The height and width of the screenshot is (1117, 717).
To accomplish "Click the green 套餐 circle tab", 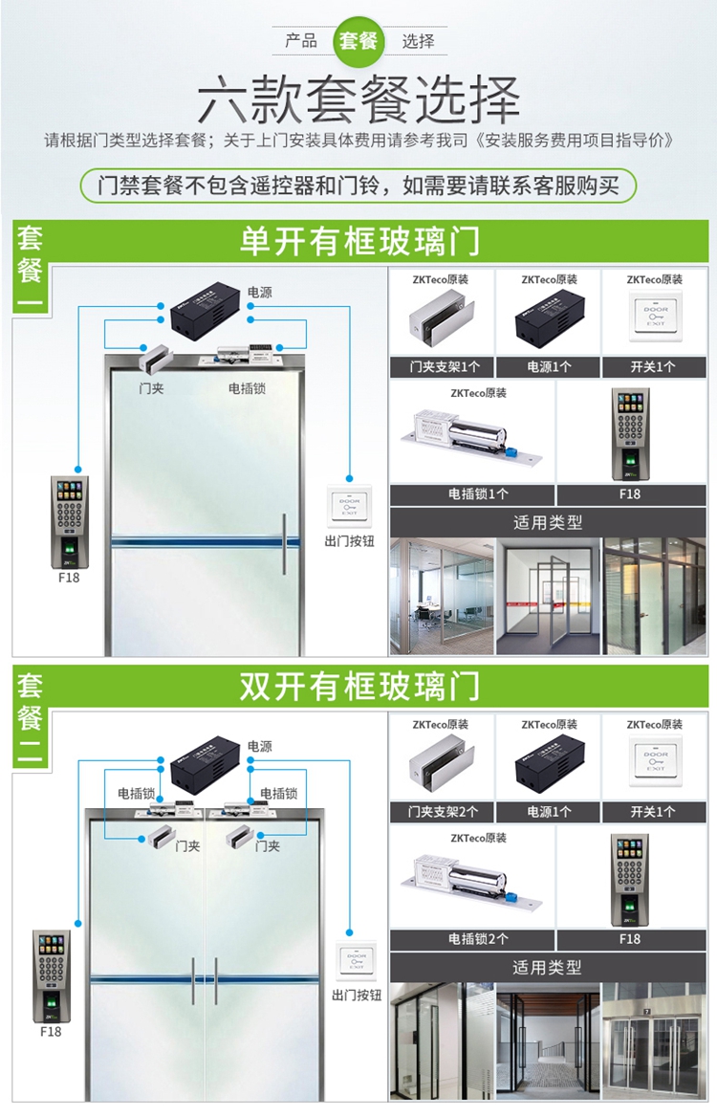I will point(358,41).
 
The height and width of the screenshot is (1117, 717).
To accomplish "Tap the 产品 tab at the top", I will point(301,41).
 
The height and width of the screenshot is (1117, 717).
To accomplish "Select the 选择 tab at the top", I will point(418,41).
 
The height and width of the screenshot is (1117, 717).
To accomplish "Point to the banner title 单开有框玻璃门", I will point(359,242).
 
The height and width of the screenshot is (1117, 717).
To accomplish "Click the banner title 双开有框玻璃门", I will point(359,687).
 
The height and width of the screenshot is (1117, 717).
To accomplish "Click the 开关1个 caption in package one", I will point(654,367).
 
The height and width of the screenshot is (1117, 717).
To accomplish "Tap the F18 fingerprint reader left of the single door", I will point(69,520).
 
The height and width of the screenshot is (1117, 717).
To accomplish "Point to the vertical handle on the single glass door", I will point(284,544).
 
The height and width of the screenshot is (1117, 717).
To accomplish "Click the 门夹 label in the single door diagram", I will point(150,389).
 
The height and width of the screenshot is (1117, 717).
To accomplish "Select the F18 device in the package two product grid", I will point(629,880).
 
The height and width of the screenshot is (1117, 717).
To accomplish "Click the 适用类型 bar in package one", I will point(547,522).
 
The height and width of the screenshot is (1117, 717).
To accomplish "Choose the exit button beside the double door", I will point(356,961).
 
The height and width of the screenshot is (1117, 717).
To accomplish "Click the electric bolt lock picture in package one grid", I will point(473,436).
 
